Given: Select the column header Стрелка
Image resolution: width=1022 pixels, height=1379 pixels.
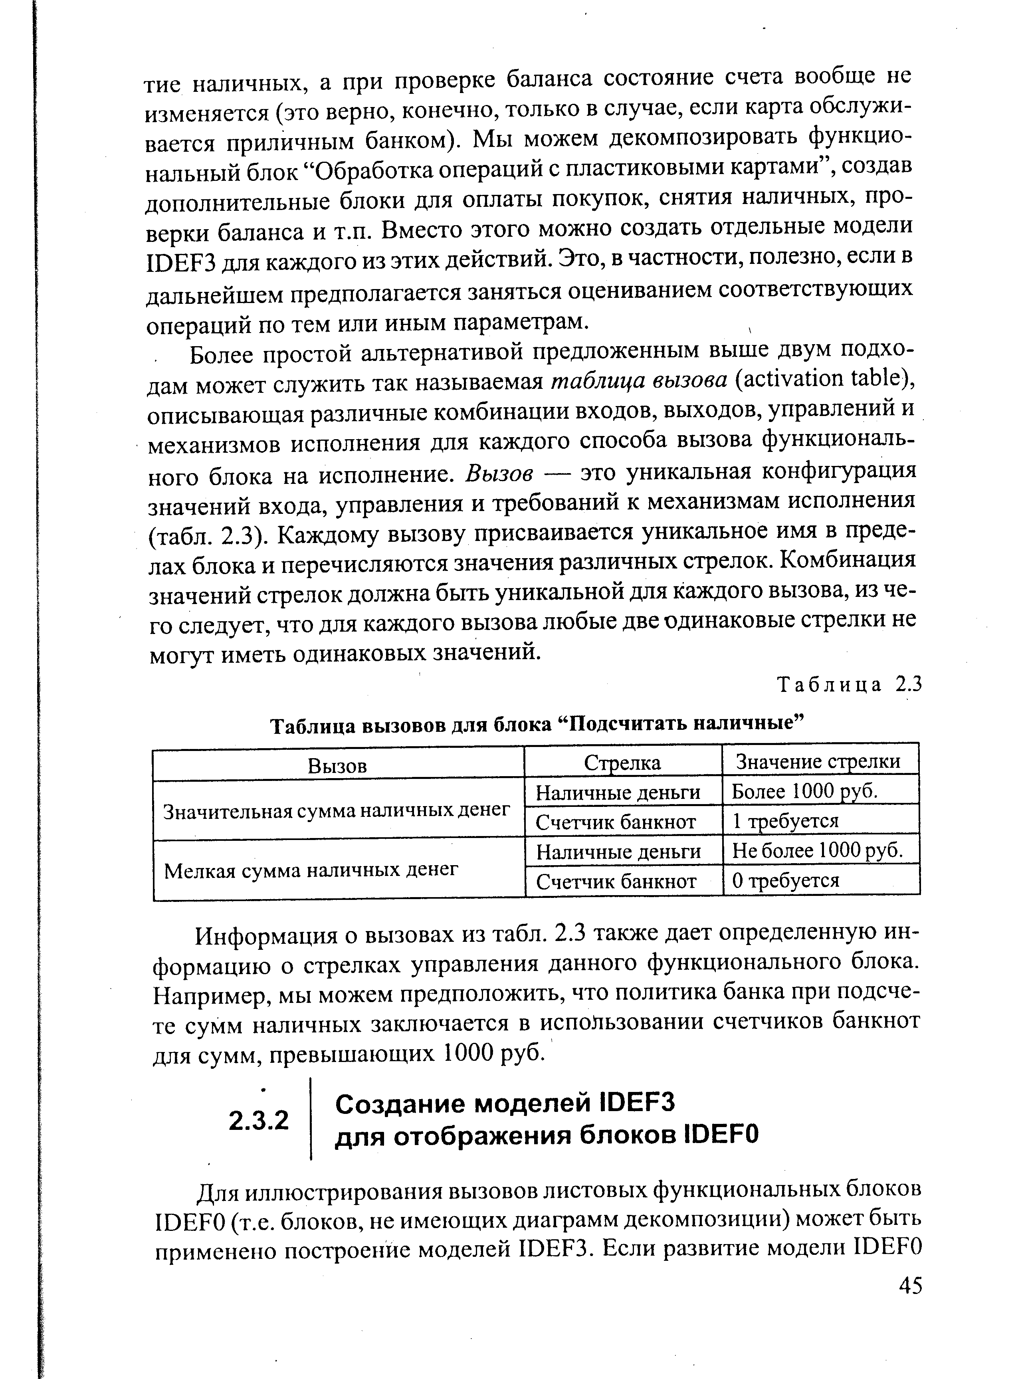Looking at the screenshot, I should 622,763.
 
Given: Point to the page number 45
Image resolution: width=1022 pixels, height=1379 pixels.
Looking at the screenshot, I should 910,1286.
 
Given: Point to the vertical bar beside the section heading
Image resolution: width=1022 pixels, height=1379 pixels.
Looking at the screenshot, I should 311,1120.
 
